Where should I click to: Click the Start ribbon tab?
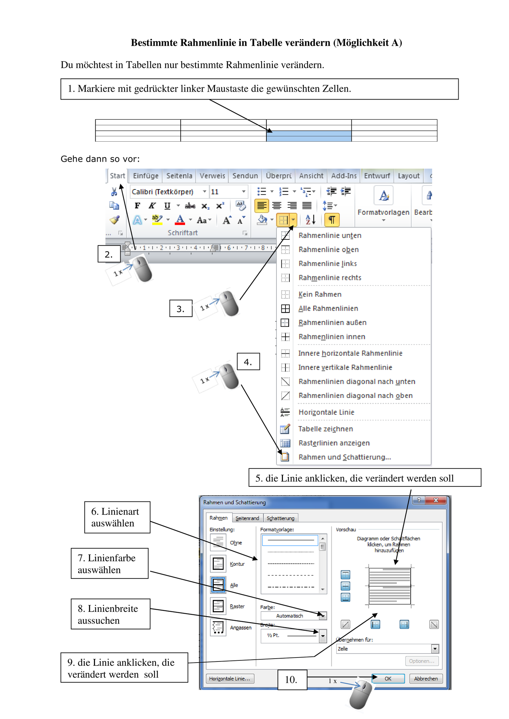tap(117, 176)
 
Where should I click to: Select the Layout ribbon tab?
tap(409, 176)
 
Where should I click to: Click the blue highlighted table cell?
tap(309, 136)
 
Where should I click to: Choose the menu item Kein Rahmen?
tap(320, 294)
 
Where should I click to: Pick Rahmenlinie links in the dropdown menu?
tap(328, 264)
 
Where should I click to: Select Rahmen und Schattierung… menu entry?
tap(344, 457)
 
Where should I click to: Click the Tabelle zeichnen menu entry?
tap(325, 429)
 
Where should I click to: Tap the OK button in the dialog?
tap(388, 679)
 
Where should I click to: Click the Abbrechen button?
tap(426, 679)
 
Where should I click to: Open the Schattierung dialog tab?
tap(280, 518)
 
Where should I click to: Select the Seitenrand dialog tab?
tap(247, 518)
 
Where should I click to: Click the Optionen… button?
tap(422, 661)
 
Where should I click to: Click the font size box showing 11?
tap(228, 192)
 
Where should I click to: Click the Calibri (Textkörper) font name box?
tap(168, 192)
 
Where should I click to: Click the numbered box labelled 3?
tap(181, 308)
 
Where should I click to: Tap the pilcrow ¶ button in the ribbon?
tap(332, 219)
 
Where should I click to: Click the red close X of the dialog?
tap(436, 500)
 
